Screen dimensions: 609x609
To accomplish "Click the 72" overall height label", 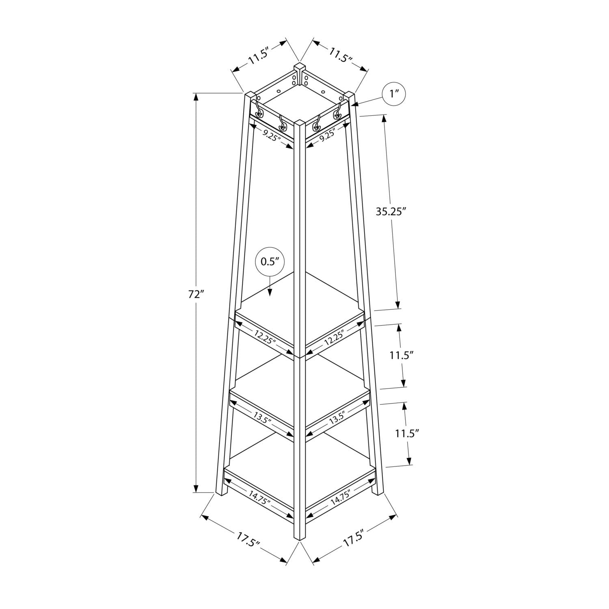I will pyautogui.click(x=195, y=294).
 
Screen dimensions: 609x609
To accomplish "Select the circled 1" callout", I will pyautogui.click(x=394, y=94).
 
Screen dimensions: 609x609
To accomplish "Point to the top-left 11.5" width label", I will pyautogui.click(x=259, y=56).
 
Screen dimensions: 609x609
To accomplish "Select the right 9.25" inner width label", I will pyautogui.click(x=327, y=134).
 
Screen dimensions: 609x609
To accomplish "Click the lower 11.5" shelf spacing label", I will pyautogui.click(x=407, y=433).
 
